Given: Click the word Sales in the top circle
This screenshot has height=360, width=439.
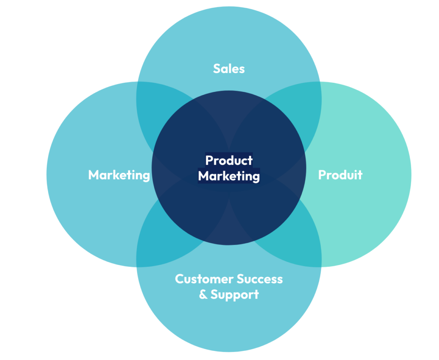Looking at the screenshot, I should click(229, 69).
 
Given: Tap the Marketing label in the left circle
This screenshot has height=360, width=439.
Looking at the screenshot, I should click(119, 175).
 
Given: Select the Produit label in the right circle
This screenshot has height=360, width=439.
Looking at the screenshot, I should click(340, 175).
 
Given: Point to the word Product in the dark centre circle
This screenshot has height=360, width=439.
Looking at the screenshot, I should click(229, 160).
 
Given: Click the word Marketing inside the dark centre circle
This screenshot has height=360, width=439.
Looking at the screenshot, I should click(229, 176).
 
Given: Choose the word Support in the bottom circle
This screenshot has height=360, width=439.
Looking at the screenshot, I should click(235, 295).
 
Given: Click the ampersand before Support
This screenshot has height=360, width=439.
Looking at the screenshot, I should click(203, 295).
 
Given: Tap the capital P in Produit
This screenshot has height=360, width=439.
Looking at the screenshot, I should click(322, 175).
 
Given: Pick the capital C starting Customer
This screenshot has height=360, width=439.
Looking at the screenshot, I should click(179, 279).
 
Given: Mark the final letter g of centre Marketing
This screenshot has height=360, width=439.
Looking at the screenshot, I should click(256, 177).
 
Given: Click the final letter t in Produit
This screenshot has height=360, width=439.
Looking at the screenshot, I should click(360, 175).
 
